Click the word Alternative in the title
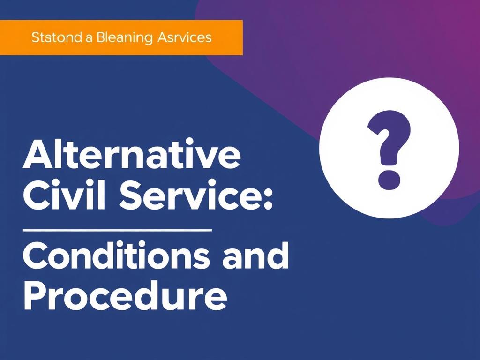[x=132, y=154]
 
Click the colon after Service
[x=268, y=199]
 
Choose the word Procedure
[x=125, y=296]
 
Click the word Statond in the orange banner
[x=57, y=37]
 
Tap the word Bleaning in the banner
[x=125, y=38]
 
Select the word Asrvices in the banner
[x=185, y=37]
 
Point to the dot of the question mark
[x=389, y=180]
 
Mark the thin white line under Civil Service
[x=118, y=230]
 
